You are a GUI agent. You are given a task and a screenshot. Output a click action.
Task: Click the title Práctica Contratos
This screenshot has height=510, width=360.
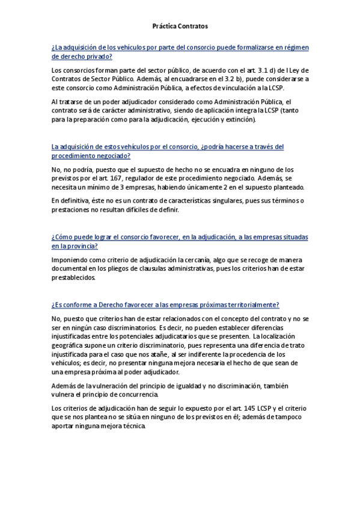click(179, 26)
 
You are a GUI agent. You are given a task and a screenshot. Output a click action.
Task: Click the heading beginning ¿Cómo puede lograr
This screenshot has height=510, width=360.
click(180, 242)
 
